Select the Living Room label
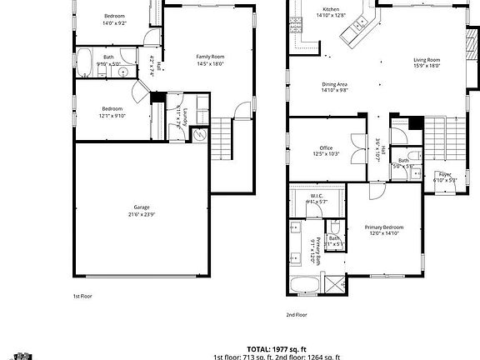tap(426, 60)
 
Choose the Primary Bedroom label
tap(384, 227)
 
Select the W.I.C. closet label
tap(317, 196)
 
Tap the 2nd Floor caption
tap(297, 315)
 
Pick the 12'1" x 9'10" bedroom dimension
tap(112, 116)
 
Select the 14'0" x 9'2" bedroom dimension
tap(114, 24)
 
